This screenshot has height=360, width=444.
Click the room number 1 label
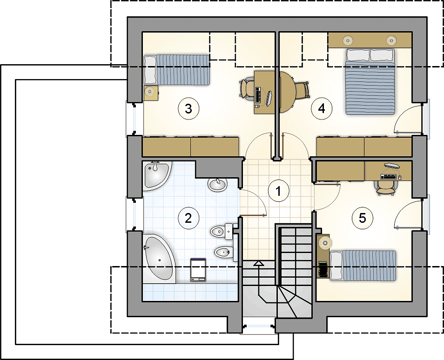(x=279, y=191)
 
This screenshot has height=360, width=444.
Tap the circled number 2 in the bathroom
(x=188, y=218)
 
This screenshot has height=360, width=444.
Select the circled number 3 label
(x=188, y=108)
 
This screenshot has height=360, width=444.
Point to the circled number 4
(x=322, y=108)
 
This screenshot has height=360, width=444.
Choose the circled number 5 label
(x=363, y=218)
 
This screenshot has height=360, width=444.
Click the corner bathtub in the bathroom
(x=159, y=258)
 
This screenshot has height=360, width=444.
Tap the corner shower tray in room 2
(x=156, y=175)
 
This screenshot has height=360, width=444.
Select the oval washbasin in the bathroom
(x=217, y=185)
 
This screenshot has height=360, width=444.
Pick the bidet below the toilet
(x=223, y=251)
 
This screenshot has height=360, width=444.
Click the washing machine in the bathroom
(x=198, y=269)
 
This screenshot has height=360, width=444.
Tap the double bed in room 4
(x=370, y=81)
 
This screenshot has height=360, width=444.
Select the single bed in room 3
(x=177, y=70)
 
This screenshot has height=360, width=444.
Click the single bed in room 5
(x=363, y=265)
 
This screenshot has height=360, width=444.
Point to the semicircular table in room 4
(x=288, y=92)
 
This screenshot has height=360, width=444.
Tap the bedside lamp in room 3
(x=150, y=92)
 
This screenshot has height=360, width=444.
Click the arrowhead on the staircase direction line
(x=258, y=264)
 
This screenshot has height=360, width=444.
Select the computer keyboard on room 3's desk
(x=258, y=95)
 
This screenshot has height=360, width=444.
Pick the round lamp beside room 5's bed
(x=325, y=243)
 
